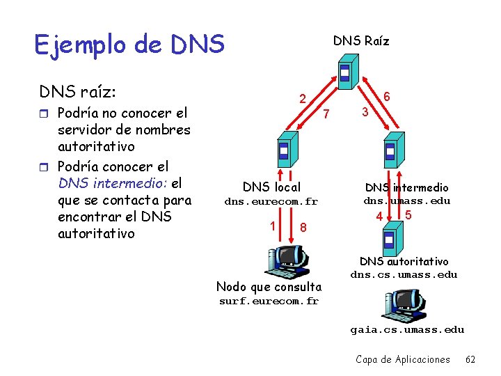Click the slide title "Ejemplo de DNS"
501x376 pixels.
(129, 45)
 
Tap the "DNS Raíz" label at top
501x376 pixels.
(361, 40)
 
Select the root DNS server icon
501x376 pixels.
(345, 72)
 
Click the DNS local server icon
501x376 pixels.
(284, 150)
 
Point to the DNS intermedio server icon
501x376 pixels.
(390, 150)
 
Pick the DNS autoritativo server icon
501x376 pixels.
(389, 240)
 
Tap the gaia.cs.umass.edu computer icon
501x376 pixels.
(404, 306)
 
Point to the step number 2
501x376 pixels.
(303, 99)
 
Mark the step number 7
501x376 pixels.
(331, 113)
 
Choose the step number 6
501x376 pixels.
(387, 97)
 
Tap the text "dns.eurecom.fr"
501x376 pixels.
(271, 201)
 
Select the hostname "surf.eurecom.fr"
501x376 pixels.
(269, 301)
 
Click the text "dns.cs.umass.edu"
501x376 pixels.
(404, 274)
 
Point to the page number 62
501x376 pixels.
(470, 359)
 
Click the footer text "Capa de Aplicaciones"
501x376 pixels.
(403, 359)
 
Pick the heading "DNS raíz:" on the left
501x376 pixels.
(78, 91)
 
